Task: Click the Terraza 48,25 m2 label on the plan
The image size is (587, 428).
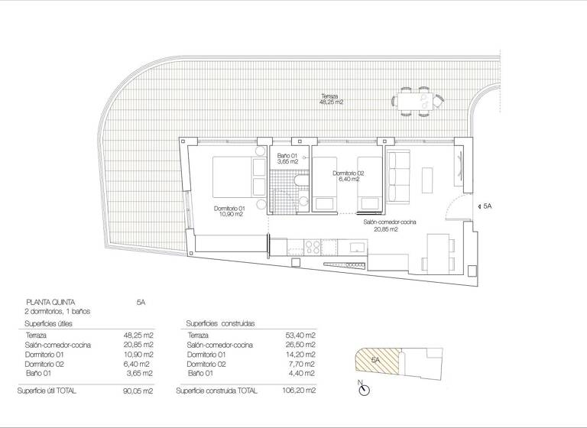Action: (x=332, y=99)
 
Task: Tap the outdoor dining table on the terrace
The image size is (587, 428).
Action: (x=417, y=101)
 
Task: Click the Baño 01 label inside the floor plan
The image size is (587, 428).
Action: (x=287, y=159)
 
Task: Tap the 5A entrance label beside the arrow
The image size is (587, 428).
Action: (x=487, y=206)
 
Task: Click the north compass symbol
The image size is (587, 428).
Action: (x=364, y=391)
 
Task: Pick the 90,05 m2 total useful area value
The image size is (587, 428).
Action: (x=138, y=391)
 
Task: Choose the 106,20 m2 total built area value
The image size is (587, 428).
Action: (x=300, y=391)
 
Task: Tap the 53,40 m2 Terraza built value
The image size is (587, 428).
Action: (x=300, y=336)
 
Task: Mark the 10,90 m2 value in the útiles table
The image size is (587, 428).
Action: (x=139, y=354)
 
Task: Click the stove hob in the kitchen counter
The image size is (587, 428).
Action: (x=313, y=246)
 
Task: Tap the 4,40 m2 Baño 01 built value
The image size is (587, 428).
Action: (x=302, y=372)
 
